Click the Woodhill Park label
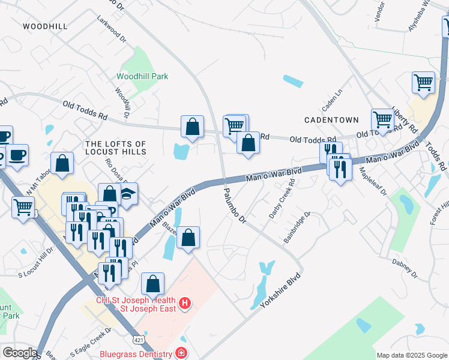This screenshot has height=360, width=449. pos(142,76)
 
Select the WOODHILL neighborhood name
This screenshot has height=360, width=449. pos(45,26)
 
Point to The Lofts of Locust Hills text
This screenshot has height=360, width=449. pos(116,148)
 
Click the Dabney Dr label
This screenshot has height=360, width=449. pos(405,269)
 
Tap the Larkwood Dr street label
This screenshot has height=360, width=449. pos(112,28)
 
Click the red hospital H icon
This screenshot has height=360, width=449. pos(185,304)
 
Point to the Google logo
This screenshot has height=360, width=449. pos(19,353)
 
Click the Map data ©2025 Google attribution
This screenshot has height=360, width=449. pos(411,355)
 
